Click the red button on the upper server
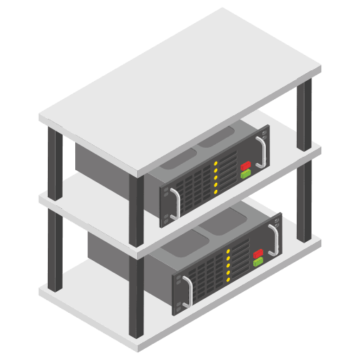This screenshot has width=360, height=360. (x=245, y=167)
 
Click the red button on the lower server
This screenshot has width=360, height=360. (x=257, y=252)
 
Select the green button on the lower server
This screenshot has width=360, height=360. (x=257, y=261)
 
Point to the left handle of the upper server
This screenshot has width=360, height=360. (x=174, y=201)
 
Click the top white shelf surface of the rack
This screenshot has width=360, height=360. (x=179, y=77)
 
